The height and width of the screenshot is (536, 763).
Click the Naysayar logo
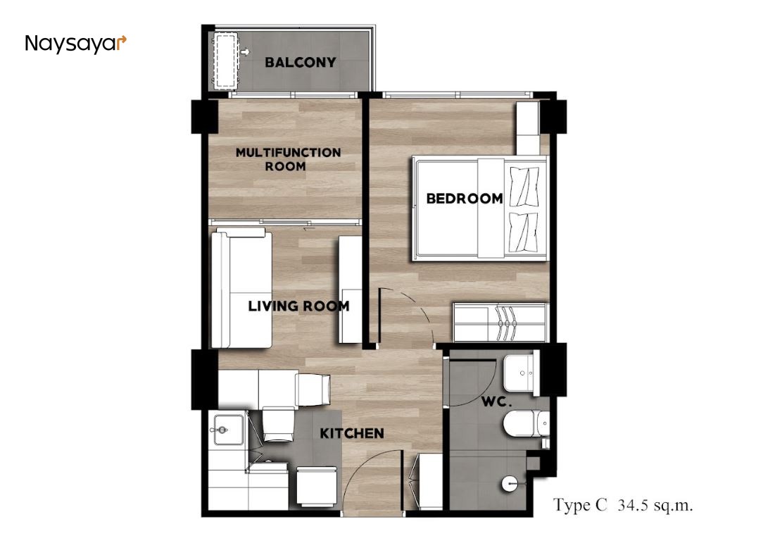pos(75,44)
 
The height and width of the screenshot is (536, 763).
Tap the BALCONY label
pos(301,62)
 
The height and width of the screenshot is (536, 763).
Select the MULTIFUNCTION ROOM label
pos(288,159)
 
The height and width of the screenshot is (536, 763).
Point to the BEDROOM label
pos(465,199)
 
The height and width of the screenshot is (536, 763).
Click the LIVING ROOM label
pos(298,306)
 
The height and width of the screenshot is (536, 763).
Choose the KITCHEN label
pos(352,433)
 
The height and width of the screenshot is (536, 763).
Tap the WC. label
pos(496,402)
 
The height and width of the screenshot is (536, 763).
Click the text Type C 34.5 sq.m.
pos(623,505)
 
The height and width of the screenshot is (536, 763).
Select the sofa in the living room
pos(241,289)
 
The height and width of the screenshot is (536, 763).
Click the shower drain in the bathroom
pos(509,484)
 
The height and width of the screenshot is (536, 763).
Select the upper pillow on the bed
pos(524,186)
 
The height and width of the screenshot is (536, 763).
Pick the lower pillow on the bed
pos(524,232)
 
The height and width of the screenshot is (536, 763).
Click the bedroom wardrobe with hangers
pos(500,323)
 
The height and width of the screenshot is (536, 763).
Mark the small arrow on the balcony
pos(245,51)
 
